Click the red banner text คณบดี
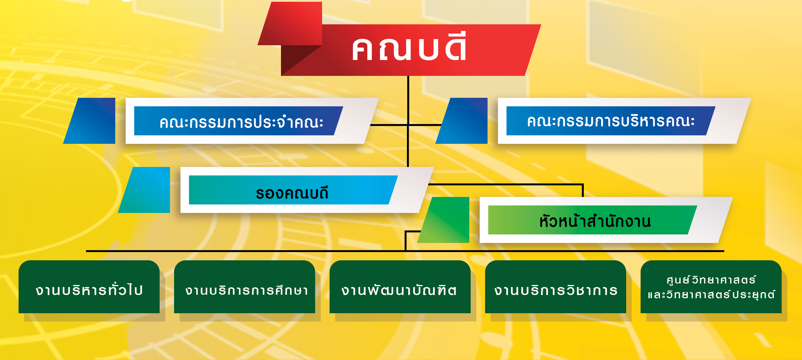pyautogui.click(x=409, y=47)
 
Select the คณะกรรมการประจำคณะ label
pyautogui.click(x=241, y=121)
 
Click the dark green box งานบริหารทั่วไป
pyautogui.click(x=89, y=287)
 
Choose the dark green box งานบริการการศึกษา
pyautogui.click(x=244, y=287)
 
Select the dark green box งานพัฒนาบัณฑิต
pyautogui.click(x=400, y=287)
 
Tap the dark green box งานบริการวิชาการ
pyautogui.click(x=555, y=287)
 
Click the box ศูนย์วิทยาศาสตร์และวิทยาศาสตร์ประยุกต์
pyautogui.click(x=711, y=287)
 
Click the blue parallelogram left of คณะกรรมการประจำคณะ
pyautogui.click(x=89, y=121)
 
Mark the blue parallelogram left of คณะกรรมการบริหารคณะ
pyautogui.click(x=462, y=121)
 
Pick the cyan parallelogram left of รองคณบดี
pyautogui.click(x=144, y=190)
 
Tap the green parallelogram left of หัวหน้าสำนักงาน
pyautogui.click(x=443, y=220)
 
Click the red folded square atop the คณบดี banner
pyautogui.click(x=290, y=24)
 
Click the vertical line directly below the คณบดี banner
pyautogui.click(x=408, y=121)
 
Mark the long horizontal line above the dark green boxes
pyautogui.click(x=405, y=251)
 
